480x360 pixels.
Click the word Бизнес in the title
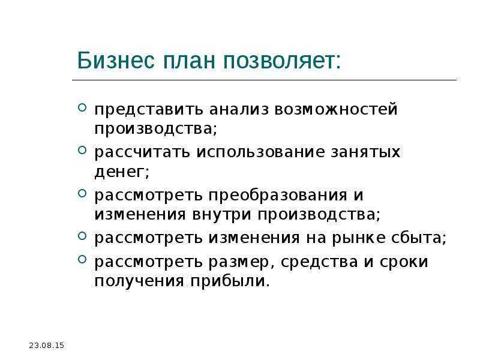point(116,61)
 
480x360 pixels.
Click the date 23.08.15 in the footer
point(47,346)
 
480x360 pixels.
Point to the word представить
point(148,110)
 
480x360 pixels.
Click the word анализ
point(239,110)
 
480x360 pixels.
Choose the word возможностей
point(336,110)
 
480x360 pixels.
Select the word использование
point(260,152)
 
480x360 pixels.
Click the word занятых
point(365,152)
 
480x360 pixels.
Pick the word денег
point(119,172)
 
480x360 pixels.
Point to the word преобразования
point(278,196)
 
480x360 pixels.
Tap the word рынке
point(359,238)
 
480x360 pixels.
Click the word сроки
point(403,262)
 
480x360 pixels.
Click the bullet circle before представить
point(82,107)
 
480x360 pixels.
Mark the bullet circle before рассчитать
point(82,150)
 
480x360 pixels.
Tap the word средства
point(319,262)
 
